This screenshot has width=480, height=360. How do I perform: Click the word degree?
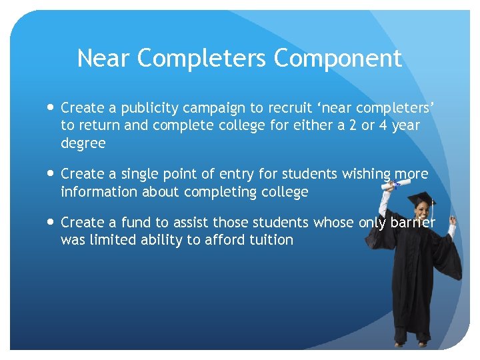(83, 144)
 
